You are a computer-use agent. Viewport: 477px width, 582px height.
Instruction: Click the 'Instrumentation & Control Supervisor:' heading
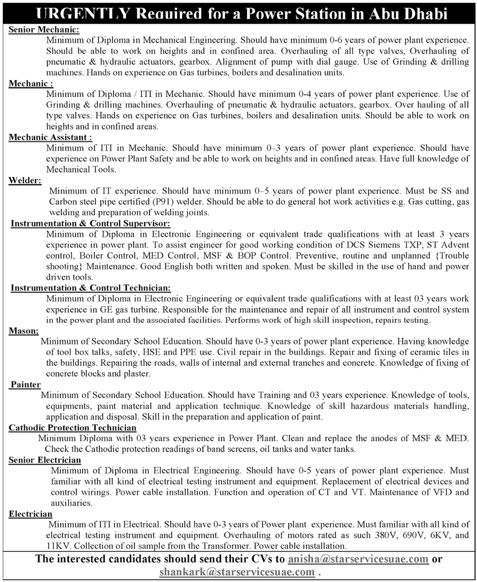pyautogui.click(x=91, y=223)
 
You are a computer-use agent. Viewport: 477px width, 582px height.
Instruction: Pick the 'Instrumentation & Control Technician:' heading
pyautogui.click(x=91, y=288)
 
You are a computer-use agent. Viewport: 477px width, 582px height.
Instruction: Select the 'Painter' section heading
pyautogui.click(x=26, y=385)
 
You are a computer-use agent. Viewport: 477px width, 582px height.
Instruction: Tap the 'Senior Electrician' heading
pyautogui.click(x=45, y=460)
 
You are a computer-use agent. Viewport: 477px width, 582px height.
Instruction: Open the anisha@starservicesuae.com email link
pyautogui.click(x=359, y=559)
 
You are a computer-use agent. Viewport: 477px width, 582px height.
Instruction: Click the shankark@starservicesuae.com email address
pyautogui.click(x=237, y=572)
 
